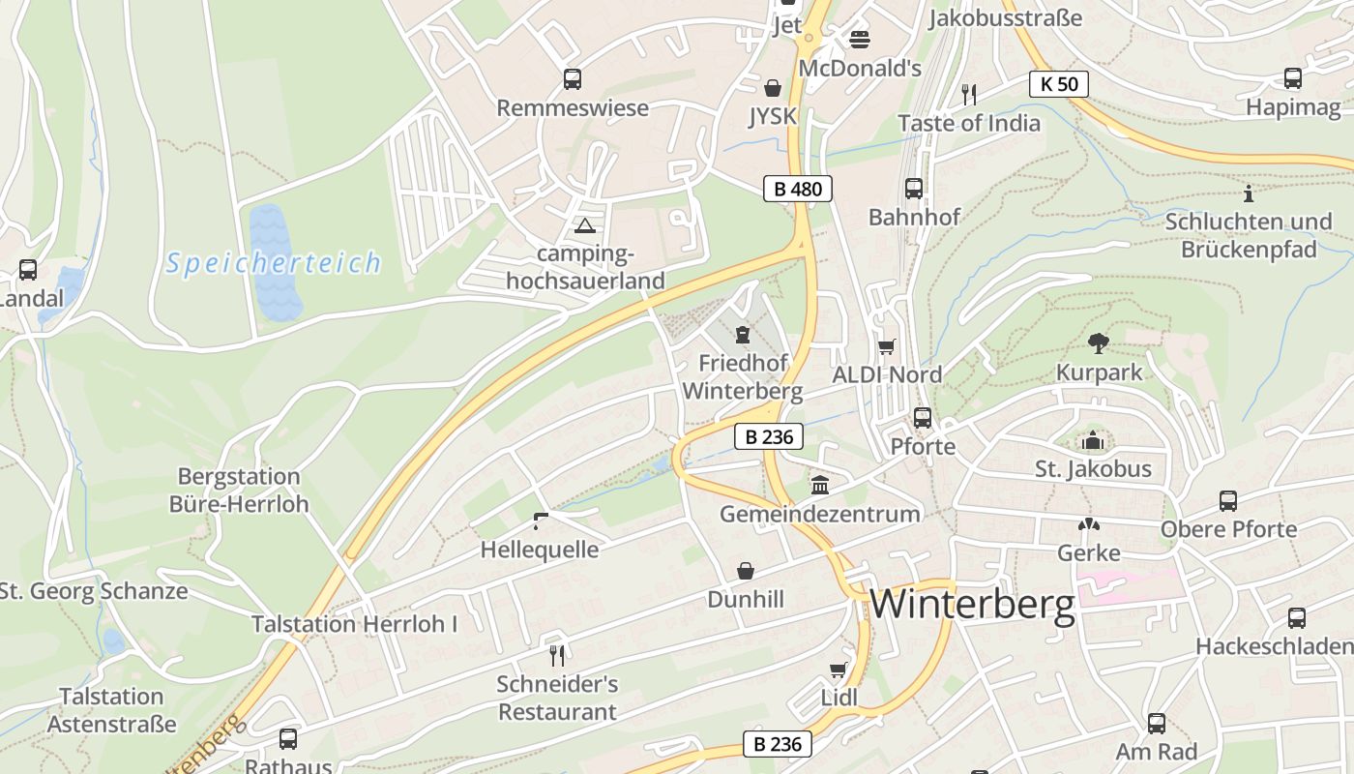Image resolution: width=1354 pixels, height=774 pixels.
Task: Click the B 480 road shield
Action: click(x=798, y=189)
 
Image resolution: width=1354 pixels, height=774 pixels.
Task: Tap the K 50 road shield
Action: click(x=1058, y=84)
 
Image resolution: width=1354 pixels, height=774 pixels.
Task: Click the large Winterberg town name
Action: click(x=972, y=604)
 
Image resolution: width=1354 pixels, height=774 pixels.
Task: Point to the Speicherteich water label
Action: click(x=273, y=263)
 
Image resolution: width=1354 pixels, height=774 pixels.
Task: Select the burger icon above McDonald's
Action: click(x=860, y=40)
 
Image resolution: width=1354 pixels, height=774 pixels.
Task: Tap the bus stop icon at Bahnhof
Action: click(x=914, y=188)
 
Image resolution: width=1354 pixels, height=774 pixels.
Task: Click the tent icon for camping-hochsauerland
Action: click(x=584, y=226)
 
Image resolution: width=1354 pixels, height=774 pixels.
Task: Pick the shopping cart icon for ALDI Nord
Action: click(x=887, y=346)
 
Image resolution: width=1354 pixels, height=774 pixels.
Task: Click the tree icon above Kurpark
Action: click(x=1098, y=342)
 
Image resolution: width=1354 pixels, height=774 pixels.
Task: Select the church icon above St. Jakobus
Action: click(x=1093, y=441)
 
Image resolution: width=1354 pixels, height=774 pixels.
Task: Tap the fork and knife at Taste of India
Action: click(x=969, y=94)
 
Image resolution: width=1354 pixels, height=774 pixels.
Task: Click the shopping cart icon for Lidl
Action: click(x=839, y=670)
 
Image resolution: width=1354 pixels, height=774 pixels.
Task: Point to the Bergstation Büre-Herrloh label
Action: click(x=239, y=491)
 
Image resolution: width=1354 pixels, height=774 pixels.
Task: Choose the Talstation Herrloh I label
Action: click(x=355, y=624)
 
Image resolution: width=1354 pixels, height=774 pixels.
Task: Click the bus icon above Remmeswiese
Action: click(x=573, y=79)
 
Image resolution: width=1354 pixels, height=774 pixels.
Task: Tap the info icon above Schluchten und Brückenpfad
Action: click(x=1249, y=193)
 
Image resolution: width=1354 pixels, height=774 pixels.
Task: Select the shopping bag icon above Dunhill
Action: click(x=746, y=571)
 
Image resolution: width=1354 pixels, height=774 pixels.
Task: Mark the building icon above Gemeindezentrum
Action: click(x=820, y=485)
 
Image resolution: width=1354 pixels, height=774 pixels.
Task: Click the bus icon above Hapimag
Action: click(x=1293, y=78)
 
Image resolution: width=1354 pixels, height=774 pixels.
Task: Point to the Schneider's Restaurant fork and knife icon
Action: click(x=556, y=655)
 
